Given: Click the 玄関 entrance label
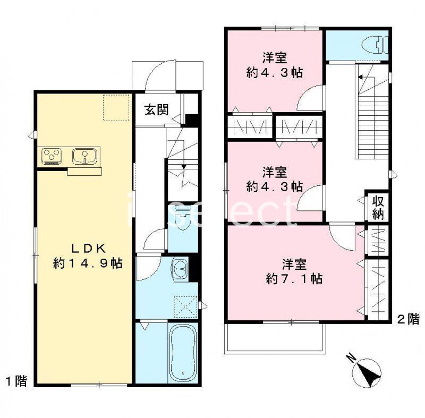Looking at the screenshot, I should pos(157,110).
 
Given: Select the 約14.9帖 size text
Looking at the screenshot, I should pos(88,262).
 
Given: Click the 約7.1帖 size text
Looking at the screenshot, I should pos(294,278).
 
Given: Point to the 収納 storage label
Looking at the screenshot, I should pos(378,208).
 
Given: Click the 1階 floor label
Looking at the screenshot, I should pos(16,380).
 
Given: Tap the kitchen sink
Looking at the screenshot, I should pos(83,156).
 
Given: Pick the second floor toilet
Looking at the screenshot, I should pos(376,46).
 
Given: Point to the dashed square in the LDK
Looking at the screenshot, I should pos(116,108).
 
